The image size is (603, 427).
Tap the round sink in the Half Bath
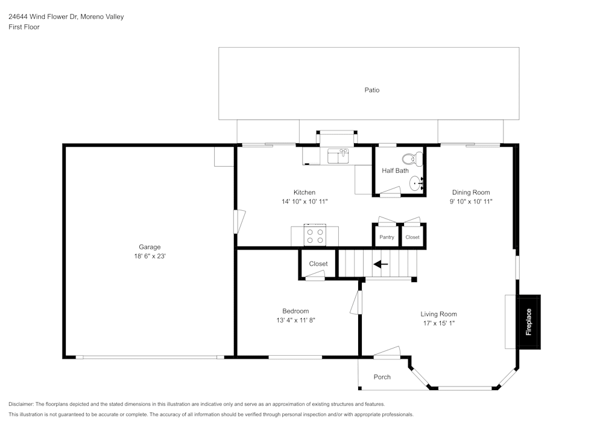tap(416, 183)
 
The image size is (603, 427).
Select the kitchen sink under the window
tap(338, 156)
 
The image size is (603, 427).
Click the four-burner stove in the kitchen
tap(314, 236)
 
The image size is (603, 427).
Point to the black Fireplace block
tap(529, 322)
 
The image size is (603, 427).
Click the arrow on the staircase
tap(380, 264)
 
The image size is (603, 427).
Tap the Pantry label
tap(387, 237)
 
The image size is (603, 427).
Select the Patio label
tap(371, 90)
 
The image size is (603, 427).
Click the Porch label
tap(382, 377)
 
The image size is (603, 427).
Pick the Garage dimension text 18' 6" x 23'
tap(150, 256)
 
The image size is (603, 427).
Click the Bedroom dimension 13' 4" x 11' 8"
tap(295, 320)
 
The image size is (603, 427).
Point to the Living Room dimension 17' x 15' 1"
tap(438, 323)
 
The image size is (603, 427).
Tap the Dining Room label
tap(471, 192)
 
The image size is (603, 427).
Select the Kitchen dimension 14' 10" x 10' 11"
tap(305, 202)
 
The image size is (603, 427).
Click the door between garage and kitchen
tap(239, 221)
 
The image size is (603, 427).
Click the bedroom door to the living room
tap(356, 302)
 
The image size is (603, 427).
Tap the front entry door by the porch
tap(387, 353)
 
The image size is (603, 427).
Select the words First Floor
tap(24, 27)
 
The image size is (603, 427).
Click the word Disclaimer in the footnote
tap(21, 404)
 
